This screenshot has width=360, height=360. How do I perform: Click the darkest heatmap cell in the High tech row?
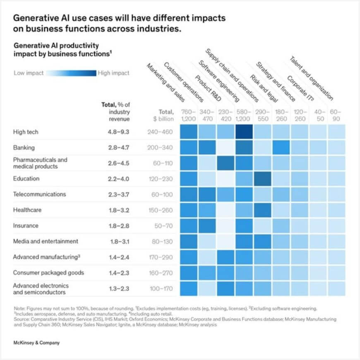tap(244, 132)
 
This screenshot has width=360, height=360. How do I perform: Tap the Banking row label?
tap(24, 148)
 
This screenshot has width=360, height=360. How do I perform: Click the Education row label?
tap(26, 179)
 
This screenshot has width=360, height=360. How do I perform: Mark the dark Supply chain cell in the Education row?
tap(263, 179)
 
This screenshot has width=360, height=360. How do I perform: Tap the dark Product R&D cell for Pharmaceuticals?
tap(226, 163)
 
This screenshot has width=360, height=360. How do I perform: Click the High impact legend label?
tap(113, 73)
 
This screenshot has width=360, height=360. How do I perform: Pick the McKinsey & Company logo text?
tap(36, 343)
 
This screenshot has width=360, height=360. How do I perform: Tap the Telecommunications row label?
tap(39, 194)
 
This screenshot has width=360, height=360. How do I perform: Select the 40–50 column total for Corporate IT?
tap(318, 115)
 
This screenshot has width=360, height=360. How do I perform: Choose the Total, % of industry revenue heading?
tap(116, 112)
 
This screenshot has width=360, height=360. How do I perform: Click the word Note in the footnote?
tap(19, 308)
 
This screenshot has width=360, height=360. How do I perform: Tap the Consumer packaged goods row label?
tap(48, 273)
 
